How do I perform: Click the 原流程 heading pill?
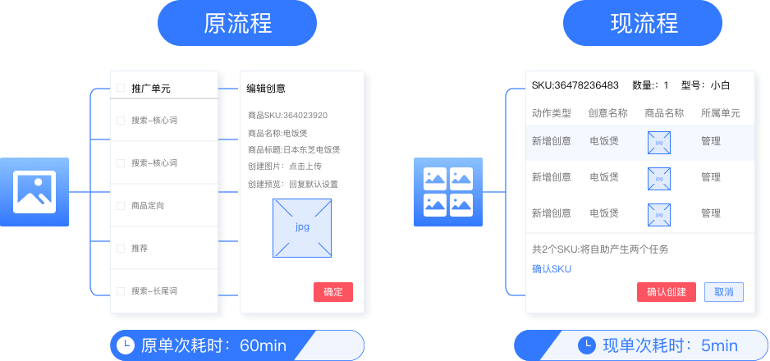tap(237, 24)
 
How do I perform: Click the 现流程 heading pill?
tap(644, 24)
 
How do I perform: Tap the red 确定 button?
tap(333, 292)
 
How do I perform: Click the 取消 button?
tap(723, 292)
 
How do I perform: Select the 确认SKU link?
tap(551, 269)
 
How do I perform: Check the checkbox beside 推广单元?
tap(121, 89)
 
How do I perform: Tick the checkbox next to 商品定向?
tap(121, 205)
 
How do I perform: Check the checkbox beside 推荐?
tap(121, 248)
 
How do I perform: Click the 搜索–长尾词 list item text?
tap(154, 291)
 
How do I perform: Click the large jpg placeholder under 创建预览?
tap(303, 227)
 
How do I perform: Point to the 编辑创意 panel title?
tap(266, 89)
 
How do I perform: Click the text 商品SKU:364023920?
tap(287, 115)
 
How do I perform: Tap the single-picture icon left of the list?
tap(34, 191)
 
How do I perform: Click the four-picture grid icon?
tap(447, 192)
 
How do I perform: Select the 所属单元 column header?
tap(720, 113)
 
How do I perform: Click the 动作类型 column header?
tap(551, 113)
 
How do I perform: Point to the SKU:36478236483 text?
tap(575, 85)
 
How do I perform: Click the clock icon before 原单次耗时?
tap(125, 345)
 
